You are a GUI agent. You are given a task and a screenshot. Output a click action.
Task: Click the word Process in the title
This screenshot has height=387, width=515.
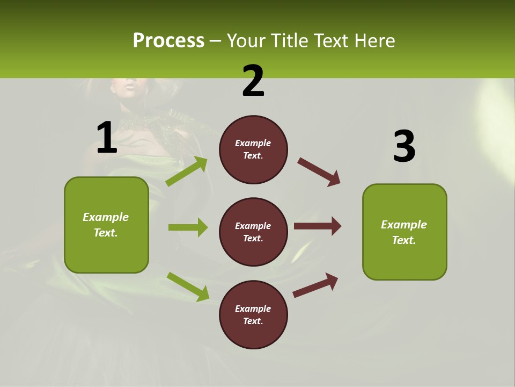pos(168,41)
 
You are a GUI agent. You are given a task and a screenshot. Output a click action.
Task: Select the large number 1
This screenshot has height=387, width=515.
pos(107,138)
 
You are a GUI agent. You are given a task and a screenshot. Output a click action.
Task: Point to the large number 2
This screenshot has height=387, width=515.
pos(253,81)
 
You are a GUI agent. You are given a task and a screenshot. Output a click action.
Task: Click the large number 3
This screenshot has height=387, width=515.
pos(404,147)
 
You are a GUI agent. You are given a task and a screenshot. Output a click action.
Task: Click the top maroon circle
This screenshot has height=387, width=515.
pos(253,149)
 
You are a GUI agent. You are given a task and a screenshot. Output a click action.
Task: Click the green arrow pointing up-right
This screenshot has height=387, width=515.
pos(187,171)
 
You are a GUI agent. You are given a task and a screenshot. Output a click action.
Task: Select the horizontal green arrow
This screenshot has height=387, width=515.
pos(188,227)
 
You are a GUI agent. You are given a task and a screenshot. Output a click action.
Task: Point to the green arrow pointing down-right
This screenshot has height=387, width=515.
pos(188,286)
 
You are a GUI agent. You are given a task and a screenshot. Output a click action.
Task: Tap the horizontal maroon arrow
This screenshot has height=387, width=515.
pos(318,226)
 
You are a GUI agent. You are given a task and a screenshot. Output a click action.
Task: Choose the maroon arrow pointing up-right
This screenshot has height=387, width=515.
pos(315,285)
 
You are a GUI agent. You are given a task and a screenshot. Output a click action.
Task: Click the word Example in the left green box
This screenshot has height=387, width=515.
pos(106,217)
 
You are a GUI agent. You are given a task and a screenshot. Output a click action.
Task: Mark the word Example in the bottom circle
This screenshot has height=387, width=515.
pos(253,309)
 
